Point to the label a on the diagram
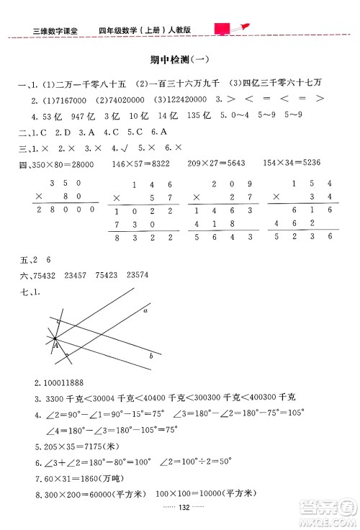point(145,310)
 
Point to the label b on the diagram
point(150,356)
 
